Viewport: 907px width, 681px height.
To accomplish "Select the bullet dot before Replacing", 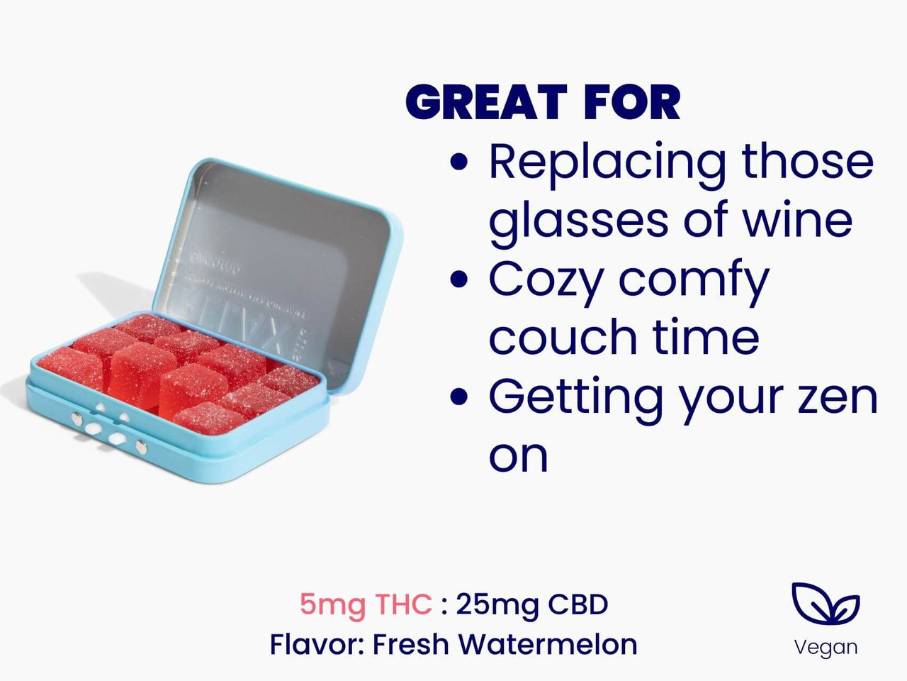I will [x=460, y=162].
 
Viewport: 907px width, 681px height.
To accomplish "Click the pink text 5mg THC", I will [x=366, y=605].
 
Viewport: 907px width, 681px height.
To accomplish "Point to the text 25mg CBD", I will [x=532, y=605].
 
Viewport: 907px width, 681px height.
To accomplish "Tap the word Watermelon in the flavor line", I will [x=548, y=645].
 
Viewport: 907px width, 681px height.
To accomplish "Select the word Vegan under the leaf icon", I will [x=826, y=647].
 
